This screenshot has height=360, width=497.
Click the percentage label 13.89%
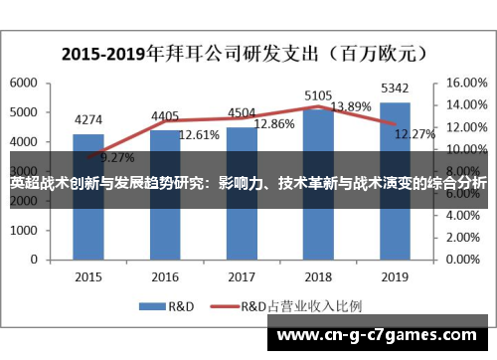(x=350, y=106)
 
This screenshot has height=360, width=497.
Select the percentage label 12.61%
(x=198, y=134)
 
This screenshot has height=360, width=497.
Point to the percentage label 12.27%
(x=414, y=134)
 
